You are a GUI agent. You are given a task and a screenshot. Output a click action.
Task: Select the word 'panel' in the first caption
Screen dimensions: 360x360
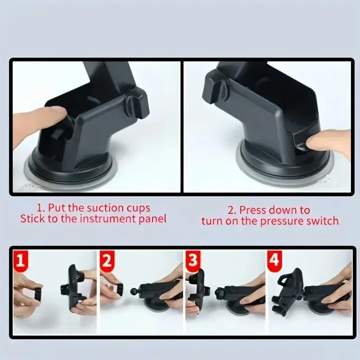click(x=153, y=219)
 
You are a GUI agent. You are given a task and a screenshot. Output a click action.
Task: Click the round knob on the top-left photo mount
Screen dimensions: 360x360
click(x=137, y=103)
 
